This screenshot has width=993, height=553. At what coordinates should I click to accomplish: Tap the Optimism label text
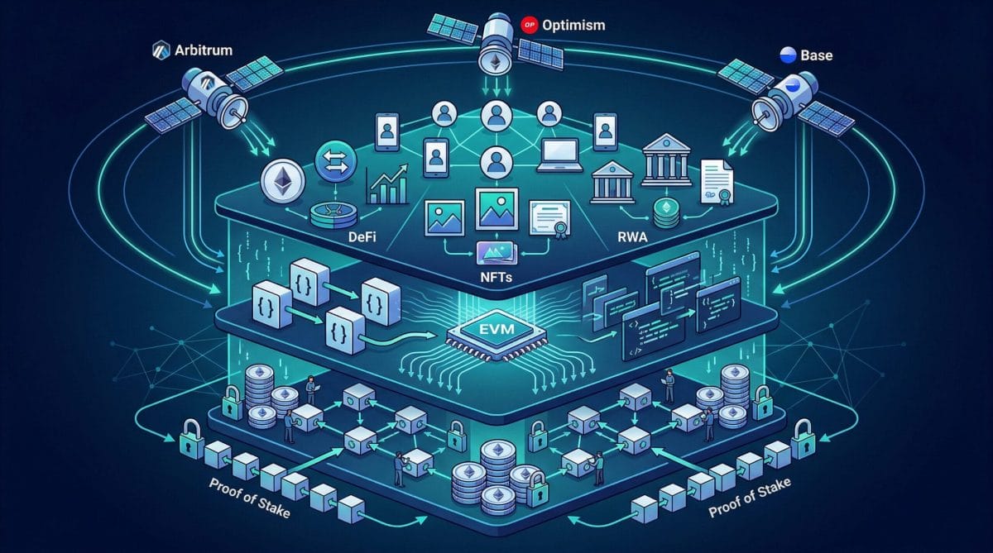[x=573, y=25]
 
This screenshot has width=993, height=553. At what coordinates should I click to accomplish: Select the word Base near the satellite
[x=817, y=55]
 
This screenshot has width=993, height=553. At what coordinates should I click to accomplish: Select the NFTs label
[x=495, y=278]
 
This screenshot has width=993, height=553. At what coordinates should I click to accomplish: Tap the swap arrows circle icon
[x=336, y=160]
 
